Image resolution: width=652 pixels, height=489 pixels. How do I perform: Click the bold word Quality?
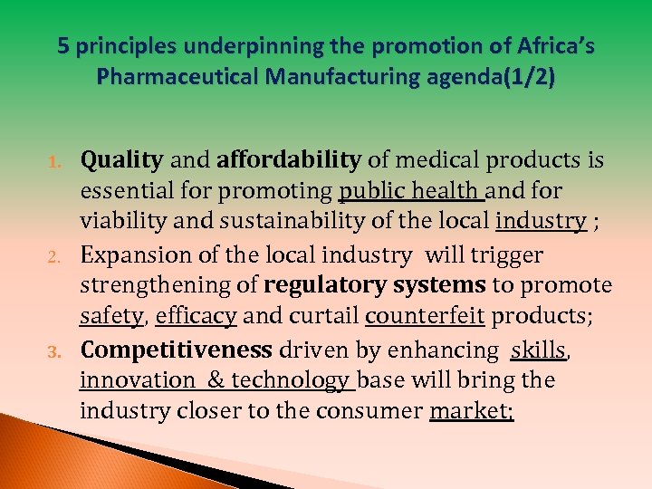coord(121,161)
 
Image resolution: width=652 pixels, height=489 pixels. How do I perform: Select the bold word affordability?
coord(288,161)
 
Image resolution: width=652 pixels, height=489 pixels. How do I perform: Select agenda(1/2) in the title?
coord(496,77)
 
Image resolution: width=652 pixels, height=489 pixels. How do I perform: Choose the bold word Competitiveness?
coord(176,350)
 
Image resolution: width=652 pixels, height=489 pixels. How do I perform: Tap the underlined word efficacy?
coord(196,317)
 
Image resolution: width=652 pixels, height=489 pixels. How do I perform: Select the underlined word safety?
coord(111,317)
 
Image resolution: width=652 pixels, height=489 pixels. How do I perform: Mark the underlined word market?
coord(469,412)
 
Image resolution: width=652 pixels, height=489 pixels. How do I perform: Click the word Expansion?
coord(138,255)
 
